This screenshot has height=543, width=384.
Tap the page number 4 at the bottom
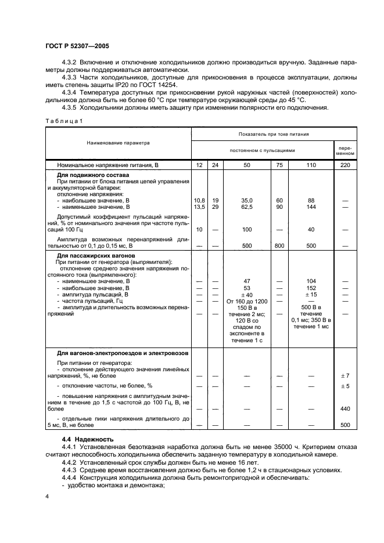click(46, 497)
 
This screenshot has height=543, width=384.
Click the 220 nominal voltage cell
click(344, 165)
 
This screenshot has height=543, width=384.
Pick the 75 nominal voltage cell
click(279, 165)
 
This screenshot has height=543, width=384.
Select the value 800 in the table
click(279, 246)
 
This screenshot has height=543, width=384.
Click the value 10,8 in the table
click(199, 200)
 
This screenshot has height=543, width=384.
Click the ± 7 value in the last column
click(344, 376)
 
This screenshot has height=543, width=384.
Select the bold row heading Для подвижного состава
click(92, 175)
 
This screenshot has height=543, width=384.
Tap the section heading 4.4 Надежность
click(89, 439)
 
